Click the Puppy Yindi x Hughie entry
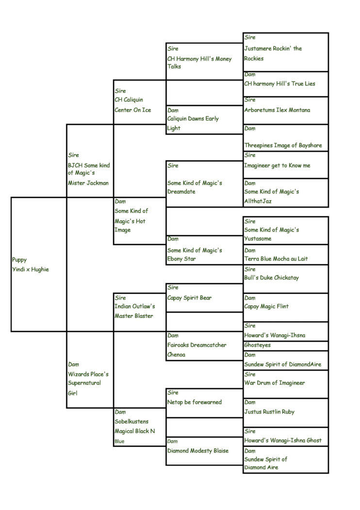[x=30, y=264]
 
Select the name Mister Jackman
[x=88, y=183]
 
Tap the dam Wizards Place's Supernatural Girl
[x=88, y=383]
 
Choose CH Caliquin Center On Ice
[x=132, y=105]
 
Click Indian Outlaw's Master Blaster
[x=134, y=311]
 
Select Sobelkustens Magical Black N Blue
[x=134, y=431]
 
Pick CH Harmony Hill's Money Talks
[x=199, y=63]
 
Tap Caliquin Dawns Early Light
[x=193, y=123]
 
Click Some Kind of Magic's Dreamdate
[x=195, y=187]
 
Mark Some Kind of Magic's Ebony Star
[x=195, y=254]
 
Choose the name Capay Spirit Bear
[x=189, y=297]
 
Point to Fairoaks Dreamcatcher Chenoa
[x=197, y=350]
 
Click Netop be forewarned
[x=195, y=402]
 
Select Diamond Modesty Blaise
[x=198, y=451]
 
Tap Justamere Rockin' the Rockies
[x=273, y=53]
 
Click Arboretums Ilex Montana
[x=277, y=110]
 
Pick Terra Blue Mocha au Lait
[x=276, y=259]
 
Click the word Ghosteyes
[x=257, y=345]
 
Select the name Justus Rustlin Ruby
[x=269, y=412]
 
